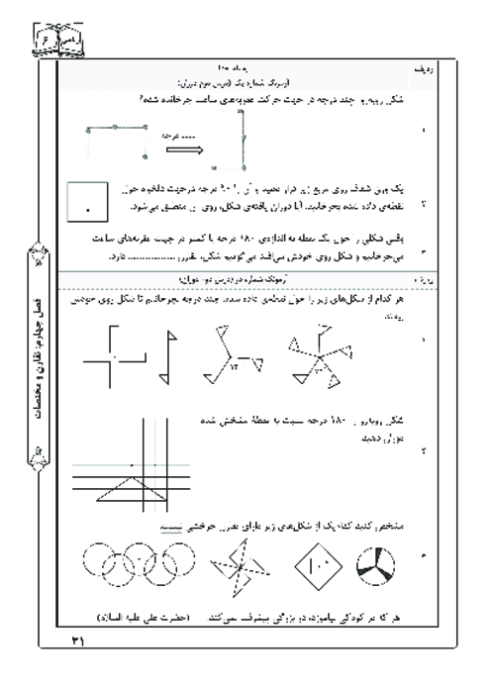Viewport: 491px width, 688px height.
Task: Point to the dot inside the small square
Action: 88,210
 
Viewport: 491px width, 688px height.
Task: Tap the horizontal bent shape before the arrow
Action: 117,140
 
